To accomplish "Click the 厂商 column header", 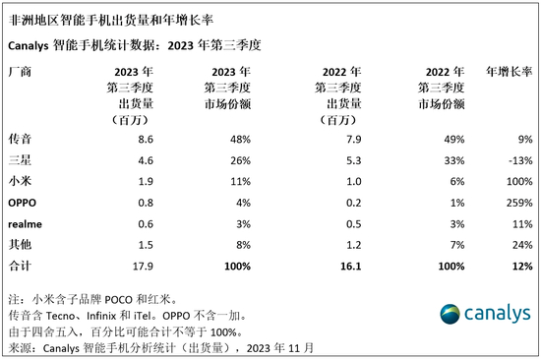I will pos(19,72).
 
